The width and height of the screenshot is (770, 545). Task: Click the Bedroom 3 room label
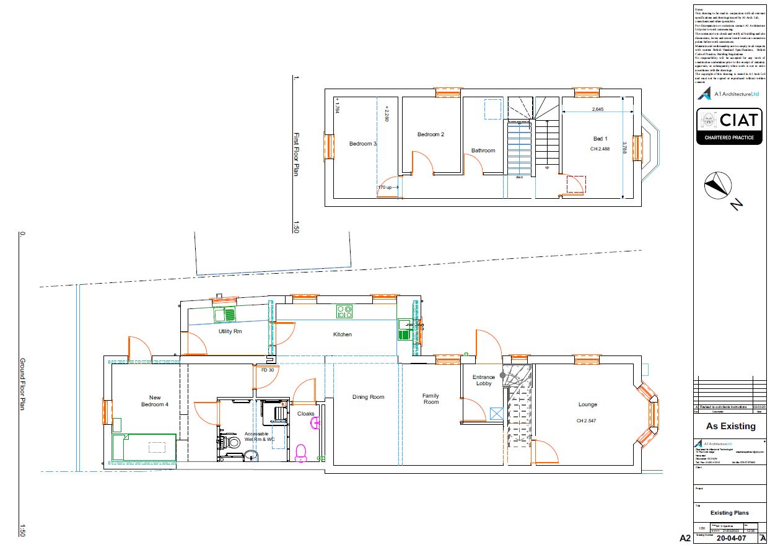(x=363, y=144)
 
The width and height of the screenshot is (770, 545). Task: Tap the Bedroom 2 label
(x=431, y=134)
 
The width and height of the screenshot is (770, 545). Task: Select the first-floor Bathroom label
(x=483, y=150)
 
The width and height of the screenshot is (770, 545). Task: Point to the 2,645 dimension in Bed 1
(x=597, y=109)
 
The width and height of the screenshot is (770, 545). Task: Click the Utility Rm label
(x=230, y=331)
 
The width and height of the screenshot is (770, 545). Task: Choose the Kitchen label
(x=343, y=334)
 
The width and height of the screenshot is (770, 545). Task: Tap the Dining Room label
(x=369, y=397)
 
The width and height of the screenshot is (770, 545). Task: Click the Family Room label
(x=431, y=399)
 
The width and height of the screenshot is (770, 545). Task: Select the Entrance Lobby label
(x=484, y=380)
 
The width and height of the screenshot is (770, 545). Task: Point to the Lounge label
(x=588, y=404)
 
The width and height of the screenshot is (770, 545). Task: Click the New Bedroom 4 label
(x=155, y=401)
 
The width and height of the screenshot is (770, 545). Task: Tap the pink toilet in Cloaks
(x=301, y=453)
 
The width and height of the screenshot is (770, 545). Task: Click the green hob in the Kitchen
(x=344, y=311)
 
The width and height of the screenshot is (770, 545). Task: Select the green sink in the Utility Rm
(x=225, y=315)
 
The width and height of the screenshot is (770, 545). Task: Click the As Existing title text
(x=731, y=426)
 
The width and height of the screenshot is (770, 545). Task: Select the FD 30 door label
(x=268, y=370)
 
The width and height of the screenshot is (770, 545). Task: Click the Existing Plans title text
(x=729, y=513)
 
